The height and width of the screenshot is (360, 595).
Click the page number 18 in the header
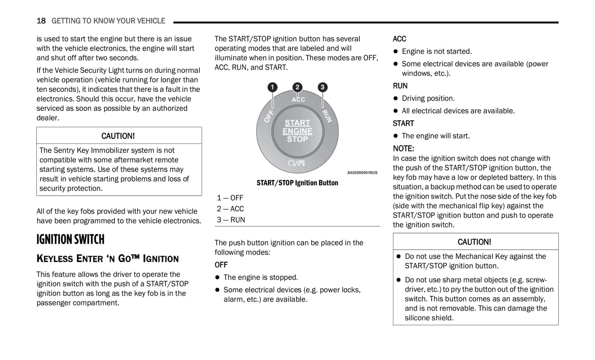point(41,21)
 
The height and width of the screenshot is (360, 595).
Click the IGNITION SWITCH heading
point(70,240)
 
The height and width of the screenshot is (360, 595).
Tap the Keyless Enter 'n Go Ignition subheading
point(107,259)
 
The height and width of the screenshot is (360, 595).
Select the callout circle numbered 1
point(272,87)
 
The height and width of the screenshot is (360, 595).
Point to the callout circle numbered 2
point(297,87)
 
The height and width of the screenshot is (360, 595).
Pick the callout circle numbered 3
point(322,87)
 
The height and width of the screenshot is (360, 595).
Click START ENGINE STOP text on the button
point(297,131)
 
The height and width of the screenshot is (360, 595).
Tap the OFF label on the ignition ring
point(269,116)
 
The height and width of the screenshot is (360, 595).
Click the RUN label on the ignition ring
point(327,116)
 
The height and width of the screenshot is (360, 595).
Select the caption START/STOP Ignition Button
point(297,183)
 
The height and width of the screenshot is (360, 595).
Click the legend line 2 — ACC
point(231,209)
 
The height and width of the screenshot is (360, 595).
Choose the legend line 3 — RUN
point(231,220)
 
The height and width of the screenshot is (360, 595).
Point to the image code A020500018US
point(362,173)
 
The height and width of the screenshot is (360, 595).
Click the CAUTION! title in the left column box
point(118,136)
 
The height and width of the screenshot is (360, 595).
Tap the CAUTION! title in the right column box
point(474,242)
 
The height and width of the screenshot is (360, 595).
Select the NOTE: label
point(404,149)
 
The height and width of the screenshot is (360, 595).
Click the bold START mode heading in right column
point(404,124)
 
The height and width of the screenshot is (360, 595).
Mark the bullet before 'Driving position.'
point(396,98)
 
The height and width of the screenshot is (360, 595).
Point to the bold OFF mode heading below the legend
point(221,265)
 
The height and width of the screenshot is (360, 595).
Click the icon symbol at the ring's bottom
point(297,163)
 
